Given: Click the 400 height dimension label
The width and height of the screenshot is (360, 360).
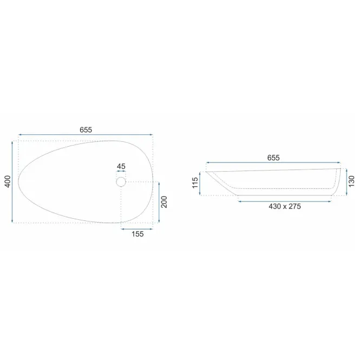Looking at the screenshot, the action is coord(8,181).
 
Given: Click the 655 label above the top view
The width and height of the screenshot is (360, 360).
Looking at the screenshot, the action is coord(86,130).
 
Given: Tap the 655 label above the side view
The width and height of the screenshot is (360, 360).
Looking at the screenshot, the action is coord(273,158).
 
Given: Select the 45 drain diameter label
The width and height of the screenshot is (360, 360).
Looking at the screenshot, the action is coord(121,166).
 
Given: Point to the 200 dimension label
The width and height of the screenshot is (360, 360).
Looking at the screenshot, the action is coord(164,202).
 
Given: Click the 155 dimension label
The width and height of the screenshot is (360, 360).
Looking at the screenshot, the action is coord(138,234).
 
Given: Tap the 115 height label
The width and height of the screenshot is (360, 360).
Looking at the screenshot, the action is coord(195,183).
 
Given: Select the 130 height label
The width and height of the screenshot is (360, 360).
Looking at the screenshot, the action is coord(351,181).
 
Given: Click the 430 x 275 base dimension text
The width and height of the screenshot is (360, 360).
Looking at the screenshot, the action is coord(285,206).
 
